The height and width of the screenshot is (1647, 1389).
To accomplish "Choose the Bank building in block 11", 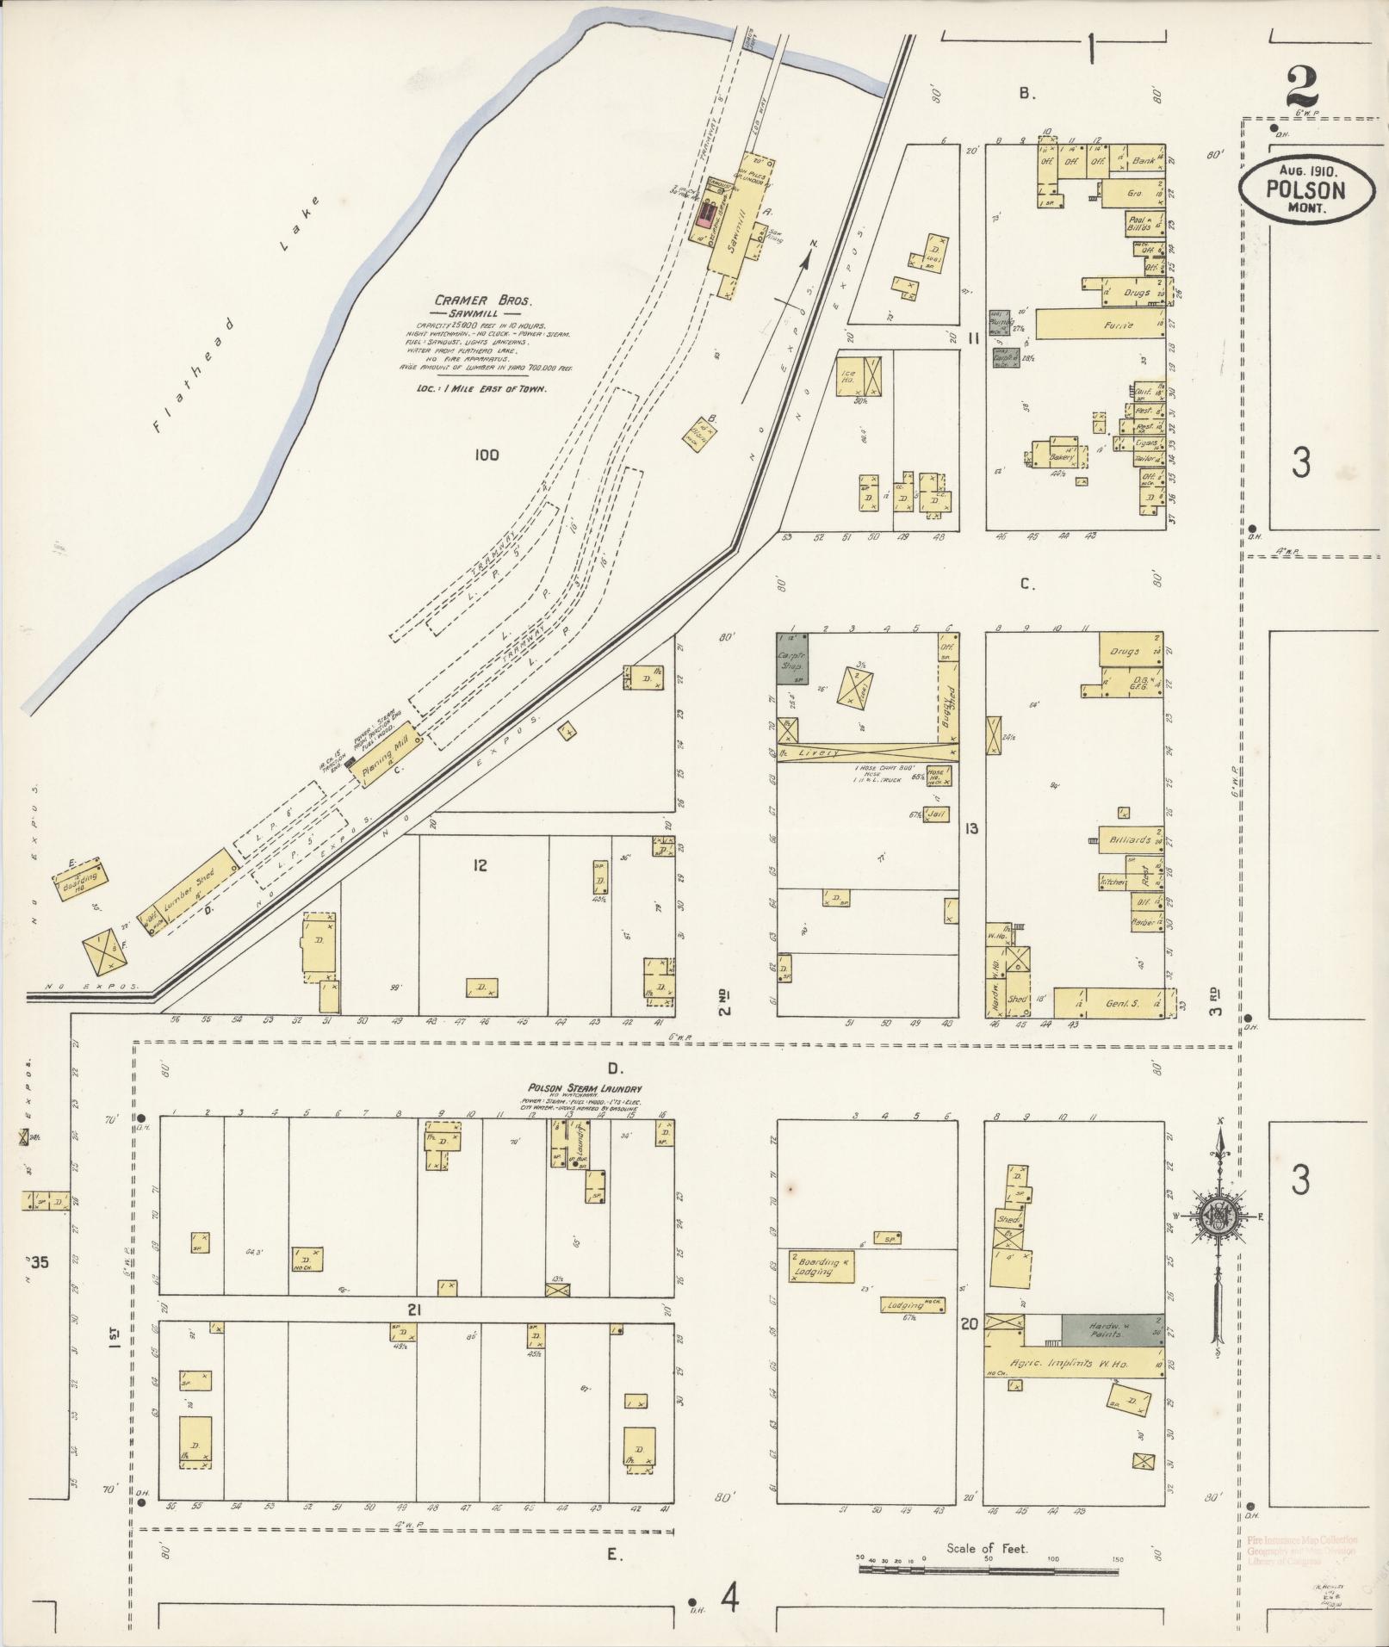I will point(1143,161).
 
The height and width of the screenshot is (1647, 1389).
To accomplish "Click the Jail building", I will point(937,813).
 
